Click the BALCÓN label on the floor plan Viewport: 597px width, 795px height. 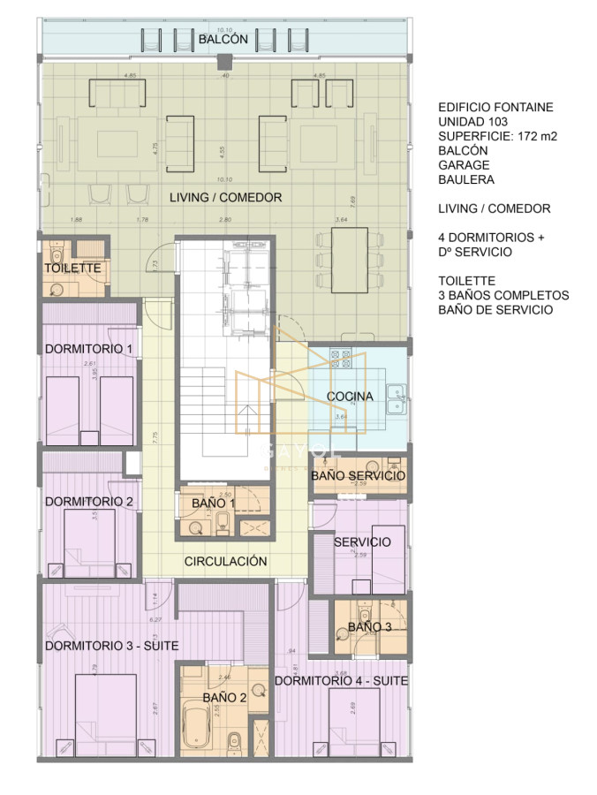[216, 40]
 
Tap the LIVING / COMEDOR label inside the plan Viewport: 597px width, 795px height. [226, 197]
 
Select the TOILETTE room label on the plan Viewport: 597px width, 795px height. [73, 268]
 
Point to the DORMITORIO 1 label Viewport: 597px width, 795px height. [88, 349]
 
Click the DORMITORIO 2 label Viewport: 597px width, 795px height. [88, 501]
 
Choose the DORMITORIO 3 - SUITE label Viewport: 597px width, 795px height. [111, 646]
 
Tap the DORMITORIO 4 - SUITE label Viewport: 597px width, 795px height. [341, 681]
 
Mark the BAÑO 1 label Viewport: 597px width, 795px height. [214, 503]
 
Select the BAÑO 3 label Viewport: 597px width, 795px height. [369, 626]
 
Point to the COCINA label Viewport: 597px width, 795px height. [350, 396]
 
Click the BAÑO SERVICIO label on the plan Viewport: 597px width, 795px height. [358, 476]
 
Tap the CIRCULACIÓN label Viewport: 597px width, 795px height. [225, 561]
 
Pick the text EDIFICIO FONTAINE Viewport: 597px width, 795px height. [495, 107]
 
